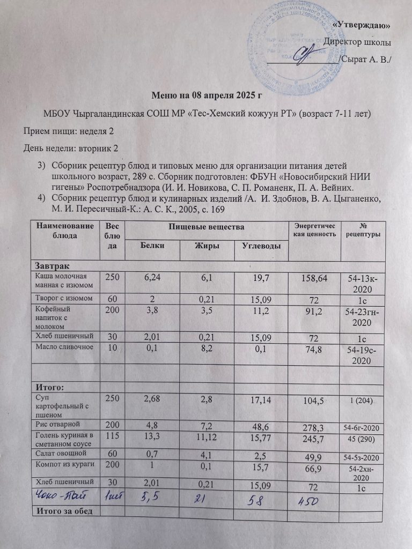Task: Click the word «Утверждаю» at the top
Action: (x=362, y=25)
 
